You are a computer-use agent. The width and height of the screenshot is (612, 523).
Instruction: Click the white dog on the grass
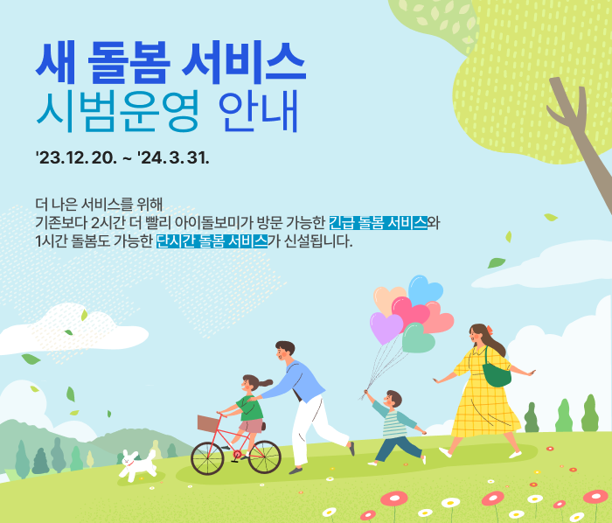tap(138, 465)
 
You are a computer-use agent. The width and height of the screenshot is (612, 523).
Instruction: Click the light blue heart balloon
tap(425, 289)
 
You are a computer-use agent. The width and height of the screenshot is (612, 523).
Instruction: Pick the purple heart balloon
tap(386, 327)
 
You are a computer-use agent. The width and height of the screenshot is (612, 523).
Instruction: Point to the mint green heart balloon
tap(419, 338)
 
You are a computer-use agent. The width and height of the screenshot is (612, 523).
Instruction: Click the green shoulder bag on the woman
tap(497, 374)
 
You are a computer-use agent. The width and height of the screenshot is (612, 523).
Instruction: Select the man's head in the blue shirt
tap(285, 351)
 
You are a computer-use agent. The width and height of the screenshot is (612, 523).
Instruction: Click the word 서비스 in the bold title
tap(243, 63)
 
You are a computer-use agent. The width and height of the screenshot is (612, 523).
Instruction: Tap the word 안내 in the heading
tap(259, 111)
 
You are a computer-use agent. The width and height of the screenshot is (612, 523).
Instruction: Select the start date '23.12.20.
tap(76, 158)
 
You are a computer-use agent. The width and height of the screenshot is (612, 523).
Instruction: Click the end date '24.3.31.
tap(173, 158)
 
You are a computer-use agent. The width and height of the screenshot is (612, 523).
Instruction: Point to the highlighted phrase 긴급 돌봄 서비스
tap(379, 222)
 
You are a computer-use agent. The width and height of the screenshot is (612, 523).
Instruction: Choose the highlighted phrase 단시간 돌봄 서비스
tap(212, 241)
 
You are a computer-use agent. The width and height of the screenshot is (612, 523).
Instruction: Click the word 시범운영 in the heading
tap(117, 111)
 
